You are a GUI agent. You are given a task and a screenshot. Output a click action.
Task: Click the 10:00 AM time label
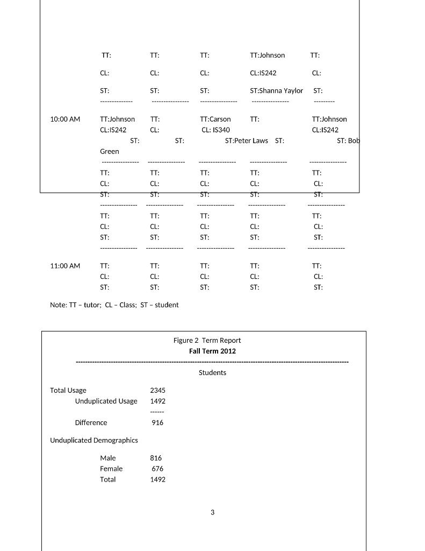[65, 119]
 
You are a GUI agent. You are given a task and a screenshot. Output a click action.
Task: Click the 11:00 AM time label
[65, 266]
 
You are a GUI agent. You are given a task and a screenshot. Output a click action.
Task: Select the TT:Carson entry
[215, 119]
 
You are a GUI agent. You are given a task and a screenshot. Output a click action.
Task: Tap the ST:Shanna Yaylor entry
[276, 91]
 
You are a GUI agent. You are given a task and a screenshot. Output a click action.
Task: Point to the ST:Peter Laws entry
[246, 141]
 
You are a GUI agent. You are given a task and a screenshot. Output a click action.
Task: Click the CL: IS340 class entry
[216, 130]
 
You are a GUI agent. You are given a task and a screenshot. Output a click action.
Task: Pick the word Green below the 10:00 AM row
[110, 152]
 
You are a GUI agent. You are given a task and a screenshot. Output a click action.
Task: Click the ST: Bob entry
[348, 141]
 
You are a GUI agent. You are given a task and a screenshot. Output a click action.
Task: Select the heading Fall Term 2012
[212, 351]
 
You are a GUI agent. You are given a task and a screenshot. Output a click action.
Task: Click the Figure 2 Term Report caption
[207, 341]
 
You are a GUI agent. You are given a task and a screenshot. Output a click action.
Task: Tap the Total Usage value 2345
[158, 391]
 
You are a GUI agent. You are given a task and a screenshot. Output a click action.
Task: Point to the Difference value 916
[157, 423]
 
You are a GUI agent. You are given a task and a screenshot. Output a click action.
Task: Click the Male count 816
[156, 458]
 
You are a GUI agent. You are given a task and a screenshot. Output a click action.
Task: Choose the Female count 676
[157, 469]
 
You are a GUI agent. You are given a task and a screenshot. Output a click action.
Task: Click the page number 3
[212, 512]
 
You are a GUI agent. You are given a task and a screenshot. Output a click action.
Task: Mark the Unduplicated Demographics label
[94, 440]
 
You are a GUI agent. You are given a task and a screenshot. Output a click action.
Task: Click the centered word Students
[212, 373]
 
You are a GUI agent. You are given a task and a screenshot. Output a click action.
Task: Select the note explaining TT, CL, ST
[114, 305]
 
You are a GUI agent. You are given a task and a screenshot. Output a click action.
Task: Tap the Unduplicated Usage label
[106, 401]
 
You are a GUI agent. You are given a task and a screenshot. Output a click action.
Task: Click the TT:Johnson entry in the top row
[268, 55]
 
